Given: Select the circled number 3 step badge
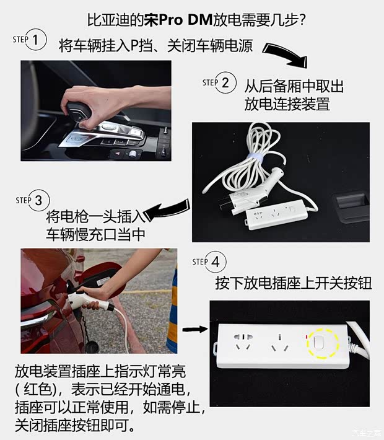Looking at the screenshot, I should tap(38, 201).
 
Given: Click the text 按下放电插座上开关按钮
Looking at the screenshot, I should tap(293, 283).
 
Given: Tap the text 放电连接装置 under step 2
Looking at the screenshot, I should tap(287, 104).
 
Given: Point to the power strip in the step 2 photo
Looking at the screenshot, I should tap(281, 217).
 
